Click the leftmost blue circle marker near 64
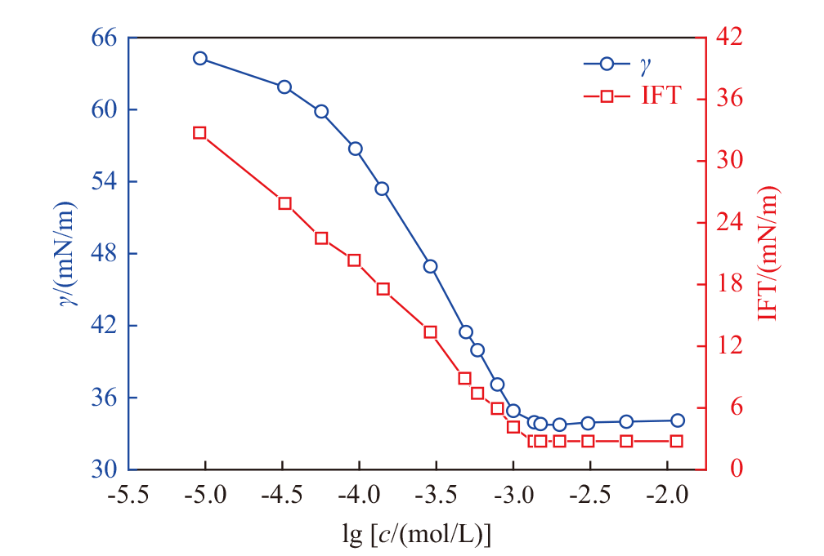pyautogui.click(x=200, y=58)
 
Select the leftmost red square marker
pyautogui.click(x=199, y=133)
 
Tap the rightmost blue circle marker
pyautogui.click(x=678, y=420)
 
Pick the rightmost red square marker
pyautogui.click(x=677, y=441)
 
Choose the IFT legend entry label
pyautogui.click(x=660, y=97)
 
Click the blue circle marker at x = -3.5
pyautogui.click(x=430, y=266)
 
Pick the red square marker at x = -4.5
pyautogui.click(x=285, y=203)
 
